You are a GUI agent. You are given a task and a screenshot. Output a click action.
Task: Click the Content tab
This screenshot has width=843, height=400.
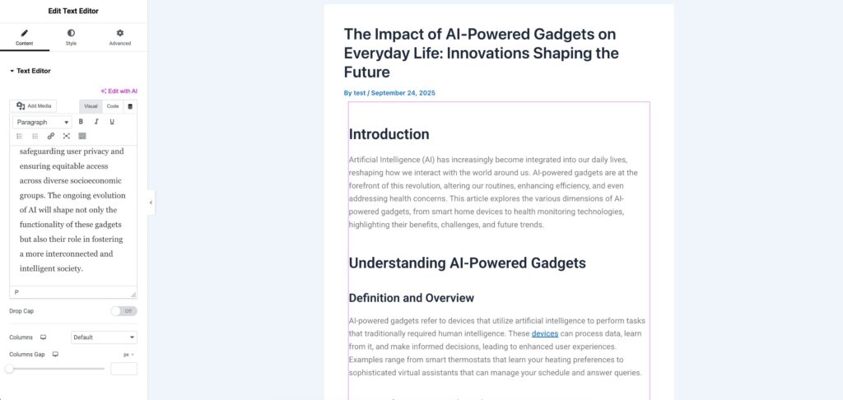25,38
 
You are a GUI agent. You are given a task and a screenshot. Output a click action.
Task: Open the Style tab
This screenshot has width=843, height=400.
71,38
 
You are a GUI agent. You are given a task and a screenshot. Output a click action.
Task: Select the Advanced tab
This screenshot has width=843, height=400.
120,38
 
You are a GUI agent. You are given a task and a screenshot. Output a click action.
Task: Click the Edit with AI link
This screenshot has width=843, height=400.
119,91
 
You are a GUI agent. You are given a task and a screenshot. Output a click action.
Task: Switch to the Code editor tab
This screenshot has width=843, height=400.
112,106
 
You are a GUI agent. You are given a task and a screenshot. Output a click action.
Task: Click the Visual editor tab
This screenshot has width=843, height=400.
91,106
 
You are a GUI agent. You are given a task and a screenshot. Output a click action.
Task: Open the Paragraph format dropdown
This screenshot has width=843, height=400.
42,122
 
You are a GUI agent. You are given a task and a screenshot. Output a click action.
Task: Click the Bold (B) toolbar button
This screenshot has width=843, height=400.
82,122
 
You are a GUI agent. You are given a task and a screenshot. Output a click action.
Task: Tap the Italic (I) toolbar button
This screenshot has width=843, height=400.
96,122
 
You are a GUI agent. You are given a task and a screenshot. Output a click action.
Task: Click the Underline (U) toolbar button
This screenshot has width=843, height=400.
112,122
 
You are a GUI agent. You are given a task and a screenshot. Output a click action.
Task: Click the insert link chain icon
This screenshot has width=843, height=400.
50,136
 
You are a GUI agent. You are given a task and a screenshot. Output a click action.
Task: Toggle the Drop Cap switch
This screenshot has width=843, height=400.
124,311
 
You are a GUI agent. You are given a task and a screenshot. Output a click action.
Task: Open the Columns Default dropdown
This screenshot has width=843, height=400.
104,337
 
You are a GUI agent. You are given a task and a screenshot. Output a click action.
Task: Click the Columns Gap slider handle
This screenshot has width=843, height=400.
9,369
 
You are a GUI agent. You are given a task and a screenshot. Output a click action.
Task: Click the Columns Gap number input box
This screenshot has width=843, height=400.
123,369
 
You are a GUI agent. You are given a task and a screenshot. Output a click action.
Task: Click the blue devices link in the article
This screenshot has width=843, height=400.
545,334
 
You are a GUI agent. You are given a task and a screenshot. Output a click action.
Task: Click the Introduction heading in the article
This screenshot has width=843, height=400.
389,134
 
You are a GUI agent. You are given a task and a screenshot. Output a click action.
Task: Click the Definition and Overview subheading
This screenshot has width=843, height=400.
412,298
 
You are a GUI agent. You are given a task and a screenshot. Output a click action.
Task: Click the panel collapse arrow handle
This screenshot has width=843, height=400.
151,202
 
